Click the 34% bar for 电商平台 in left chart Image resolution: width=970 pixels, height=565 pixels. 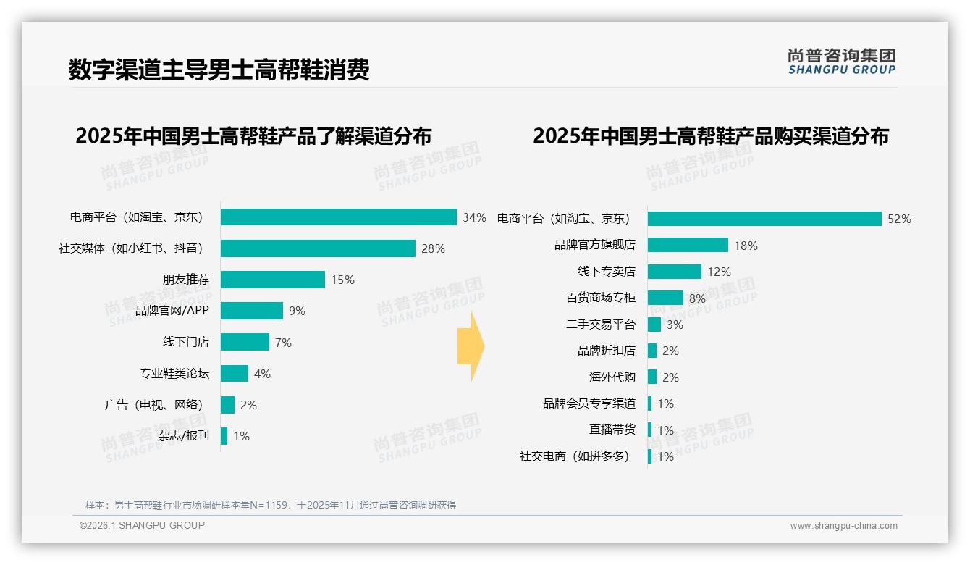point(338,217)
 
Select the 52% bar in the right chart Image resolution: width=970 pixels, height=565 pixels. point(764,219)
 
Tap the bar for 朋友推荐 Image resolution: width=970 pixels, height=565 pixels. point(272,280)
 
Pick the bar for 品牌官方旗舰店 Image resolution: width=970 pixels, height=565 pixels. point(687,246)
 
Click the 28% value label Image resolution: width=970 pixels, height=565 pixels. point(433,248)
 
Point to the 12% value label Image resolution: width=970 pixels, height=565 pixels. point(719,272)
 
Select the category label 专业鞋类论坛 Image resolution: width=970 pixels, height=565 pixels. point(174,374)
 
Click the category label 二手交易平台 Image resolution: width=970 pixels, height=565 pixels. point(600,325)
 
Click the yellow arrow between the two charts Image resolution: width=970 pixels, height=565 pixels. point(471,347)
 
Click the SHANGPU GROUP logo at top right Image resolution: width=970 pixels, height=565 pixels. point(841,62)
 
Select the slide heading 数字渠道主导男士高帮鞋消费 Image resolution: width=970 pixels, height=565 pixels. point(219,70)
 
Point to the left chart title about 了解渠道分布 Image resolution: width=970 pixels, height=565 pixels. point(253,136)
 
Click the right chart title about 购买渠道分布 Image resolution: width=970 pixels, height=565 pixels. point(710,136)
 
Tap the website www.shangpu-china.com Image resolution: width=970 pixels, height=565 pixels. point(843,526)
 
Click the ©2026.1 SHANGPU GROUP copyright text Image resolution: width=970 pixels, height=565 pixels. point(142,525)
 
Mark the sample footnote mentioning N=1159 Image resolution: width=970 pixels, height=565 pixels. point(270,505)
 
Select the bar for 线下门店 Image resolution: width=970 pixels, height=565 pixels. point(245,342)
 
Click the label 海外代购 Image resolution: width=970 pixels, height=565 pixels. point(612,377)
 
